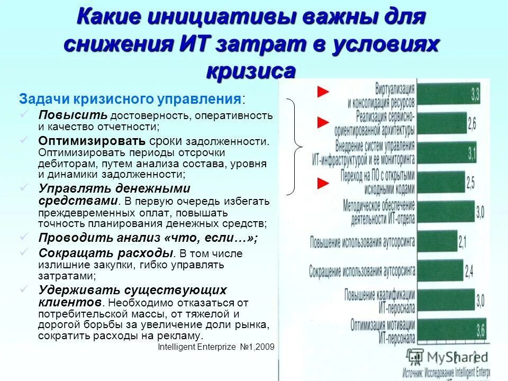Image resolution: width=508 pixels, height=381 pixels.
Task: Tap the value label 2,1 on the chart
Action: [462, 243]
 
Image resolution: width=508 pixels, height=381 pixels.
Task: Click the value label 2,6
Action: [471, 124]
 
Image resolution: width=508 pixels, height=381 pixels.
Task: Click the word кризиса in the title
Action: [250, 71]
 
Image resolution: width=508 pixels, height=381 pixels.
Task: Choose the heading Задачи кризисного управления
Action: [132, 99]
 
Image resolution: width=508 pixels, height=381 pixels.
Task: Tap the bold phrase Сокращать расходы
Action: [106, 253]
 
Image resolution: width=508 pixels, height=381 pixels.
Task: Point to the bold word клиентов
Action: [70, 302]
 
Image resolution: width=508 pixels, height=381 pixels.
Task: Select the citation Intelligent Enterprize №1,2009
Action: [216, 347]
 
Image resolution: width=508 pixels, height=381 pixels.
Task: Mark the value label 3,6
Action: [480, 330]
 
